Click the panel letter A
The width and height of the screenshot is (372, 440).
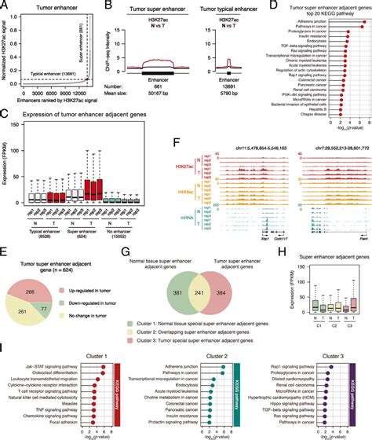click(5, 5)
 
